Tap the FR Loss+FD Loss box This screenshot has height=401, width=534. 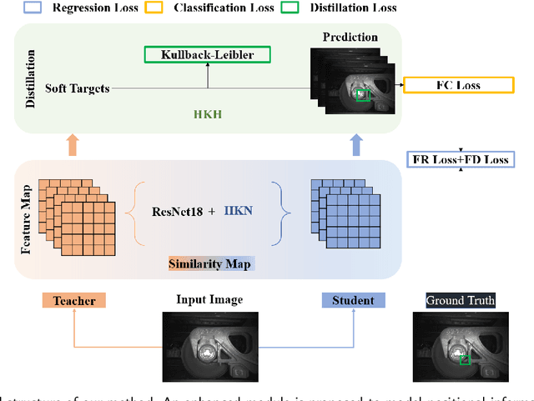(x=460, y=158)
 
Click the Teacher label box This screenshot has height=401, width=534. (x=74, y=300)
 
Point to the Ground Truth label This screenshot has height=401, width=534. (x=461, y=300)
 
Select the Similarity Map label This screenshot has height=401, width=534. (x=210, y=264)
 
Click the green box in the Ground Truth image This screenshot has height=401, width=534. (x=466, y=358)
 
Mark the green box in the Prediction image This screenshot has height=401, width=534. (x=360, y=95)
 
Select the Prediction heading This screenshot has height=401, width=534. (x=350, y=37)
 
